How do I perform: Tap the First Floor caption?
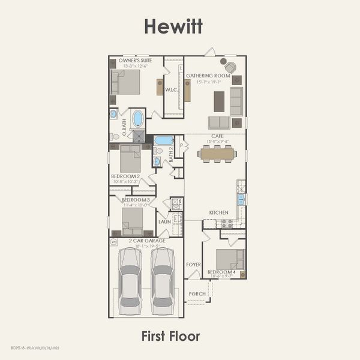click(x=170, y=336)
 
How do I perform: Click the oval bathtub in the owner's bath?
click(x=138, y=119)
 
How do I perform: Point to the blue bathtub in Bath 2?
click(x=163, y=140)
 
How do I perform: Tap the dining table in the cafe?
click(x=217, y=154)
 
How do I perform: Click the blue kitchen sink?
click(x=241, y=199)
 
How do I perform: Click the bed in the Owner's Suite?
click(x=126, y=82)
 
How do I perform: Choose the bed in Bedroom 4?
click(x=230, y=259)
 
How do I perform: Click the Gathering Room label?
click(x=208, y=76)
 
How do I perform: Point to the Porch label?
click(x=196, y=294)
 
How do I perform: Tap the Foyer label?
click(x=193, y=264)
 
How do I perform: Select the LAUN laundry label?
click(x=164, y=221)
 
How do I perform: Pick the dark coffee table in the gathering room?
click(x=219, y=101)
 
